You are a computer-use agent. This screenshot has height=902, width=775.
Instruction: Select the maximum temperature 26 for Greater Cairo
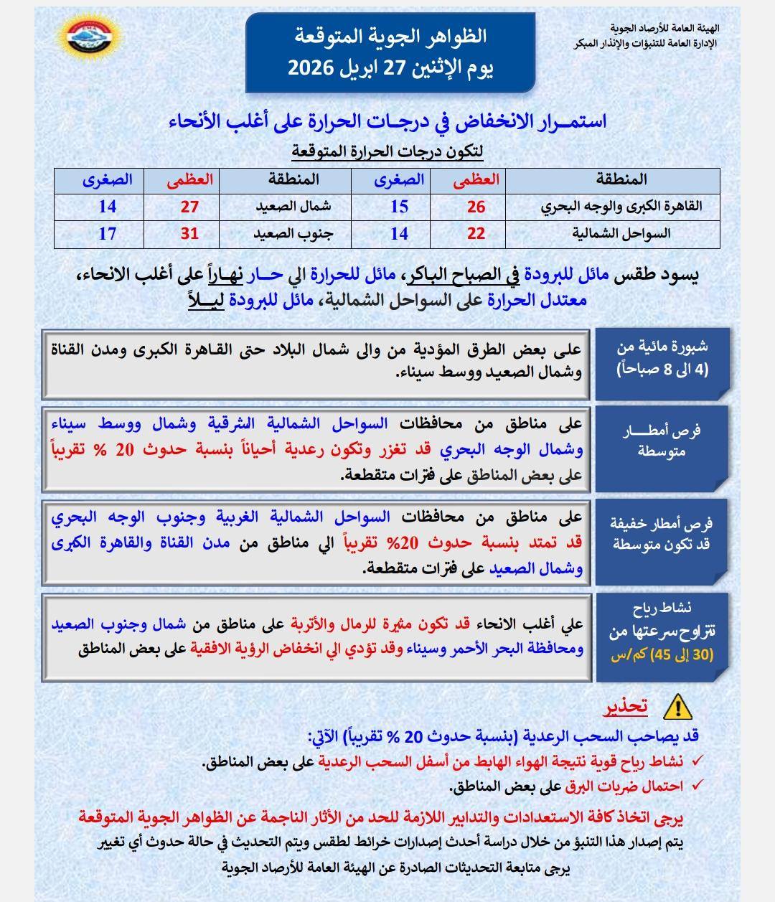tap(476, 207)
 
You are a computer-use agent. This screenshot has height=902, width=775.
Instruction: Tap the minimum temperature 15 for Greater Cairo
tap(399, 207)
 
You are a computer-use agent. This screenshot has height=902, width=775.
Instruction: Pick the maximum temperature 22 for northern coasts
tap(476, 233)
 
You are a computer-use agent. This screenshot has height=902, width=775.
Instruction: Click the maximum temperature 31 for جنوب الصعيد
tap(189, 233)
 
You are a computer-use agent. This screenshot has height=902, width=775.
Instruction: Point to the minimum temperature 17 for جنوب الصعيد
tap(108, 233)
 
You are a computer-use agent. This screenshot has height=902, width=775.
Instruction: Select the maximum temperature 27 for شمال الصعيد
tap(189, 207)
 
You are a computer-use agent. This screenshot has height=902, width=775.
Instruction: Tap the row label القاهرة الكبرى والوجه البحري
tap(621, 207)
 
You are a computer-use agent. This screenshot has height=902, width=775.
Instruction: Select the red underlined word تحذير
tap(625, 707)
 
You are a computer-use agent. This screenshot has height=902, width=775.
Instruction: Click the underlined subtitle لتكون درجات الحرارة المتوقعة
tap(387, 151)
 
